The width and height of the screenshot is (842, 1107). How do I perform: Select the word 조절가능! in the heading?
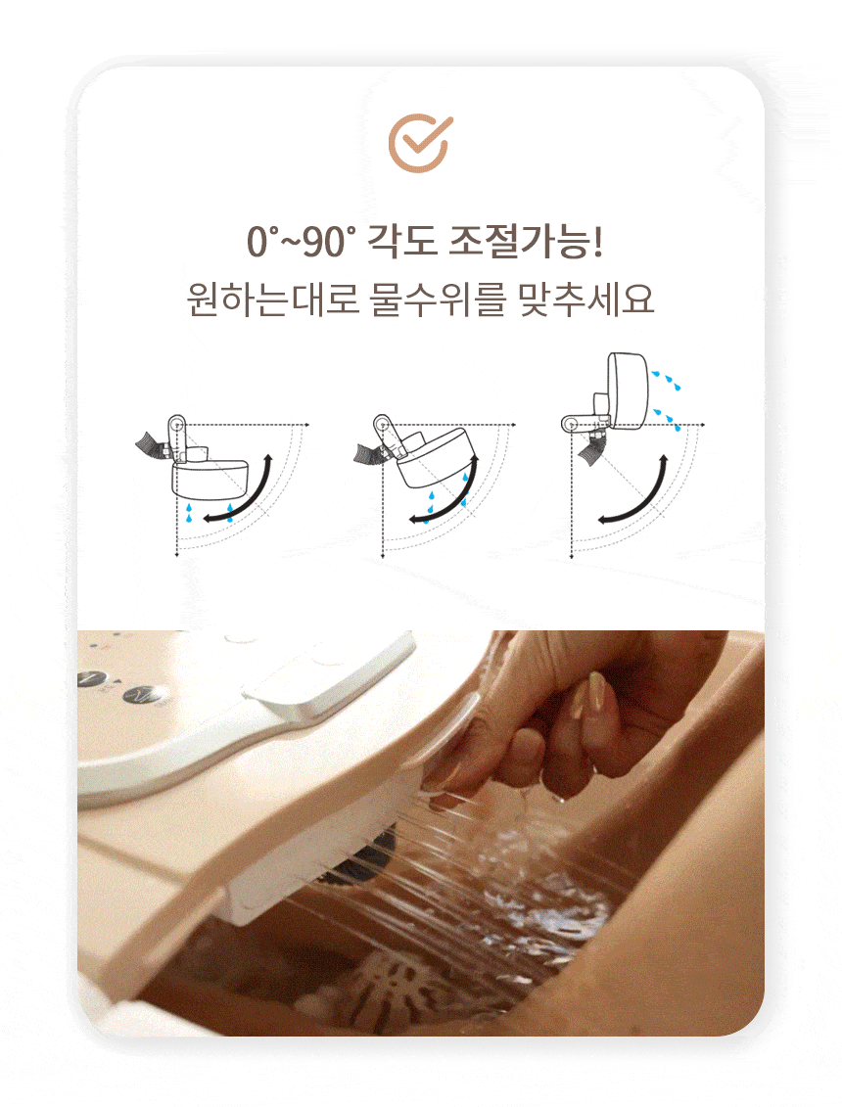[527, 241]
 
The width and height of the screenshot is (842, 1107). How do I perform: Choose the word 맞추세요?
[586, 300]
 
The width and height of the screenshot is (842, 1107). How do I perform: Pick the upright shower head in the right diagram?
[628, 392]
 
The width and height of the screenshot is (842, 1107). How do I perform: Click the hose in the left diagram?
[151, 444]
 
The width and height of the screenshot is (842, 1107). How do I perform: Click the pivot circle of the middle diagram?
[382, 425]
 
